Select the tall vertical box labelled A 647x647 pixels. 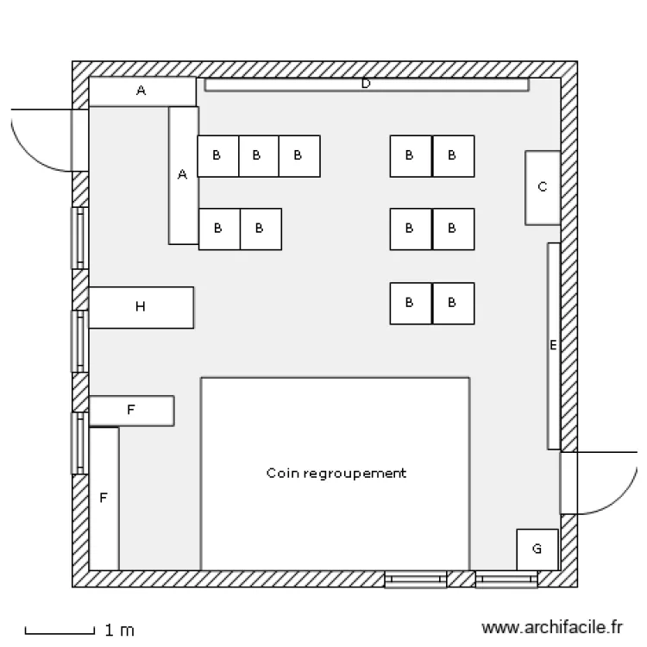[x=183, y=175]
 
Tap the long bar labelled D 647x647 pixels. [x=366, y=85]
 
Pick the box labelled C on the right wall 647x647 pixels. [x=543, y=187]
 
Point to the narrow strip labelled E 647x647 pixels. [x=553, y=345]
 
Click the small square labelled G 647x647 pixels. [x=537, y=549]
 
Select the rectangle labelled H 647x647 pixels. [x=141, y=307]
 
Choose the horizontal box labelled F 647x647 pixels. [x=131, y=411]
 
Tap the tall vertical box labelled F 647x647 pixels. [x=104, y=498]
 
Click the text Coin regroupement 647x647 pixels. [x=336, y=474]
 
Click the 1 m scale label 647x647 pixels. [x=119, y=631]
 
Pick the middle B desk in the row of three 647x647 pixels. [x=258, y=156]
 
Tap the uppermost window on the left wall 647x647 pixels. [x=79, y=237]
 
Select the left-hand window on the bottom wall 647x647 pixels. [x=415, y=579]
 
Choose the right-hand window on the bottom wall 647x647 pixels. [x=506, y=579]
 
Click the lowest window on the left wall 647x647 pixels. [x=79, y=443]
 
